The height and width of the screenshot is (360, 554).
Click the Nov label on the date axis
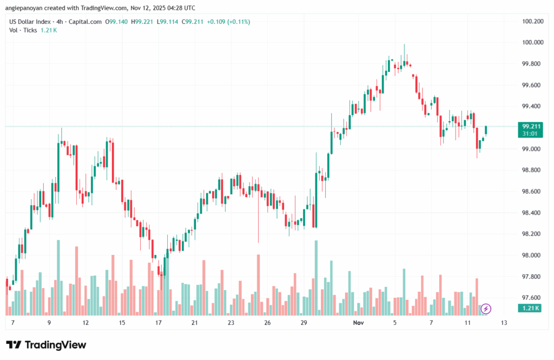pos(358,323)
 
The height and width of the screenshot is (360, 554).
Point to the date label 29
pos(304,323)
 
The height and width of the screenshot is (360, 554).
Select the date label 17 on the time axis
pos(159,323)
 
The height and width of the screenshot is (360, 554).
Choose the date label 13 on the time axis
pos(504,323)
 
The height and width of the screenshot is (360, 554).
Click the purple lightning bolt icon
pos(486,309)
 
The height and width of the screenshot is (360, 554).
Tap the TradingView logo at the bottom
pos(46,345)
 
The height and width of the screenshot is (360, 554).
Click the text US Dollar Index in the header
pos(30,22)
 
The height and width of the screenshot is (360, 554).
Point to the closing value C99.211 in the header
pos(192,22)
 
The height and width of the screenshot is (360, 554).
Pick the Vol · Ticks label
pos(23,30)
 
